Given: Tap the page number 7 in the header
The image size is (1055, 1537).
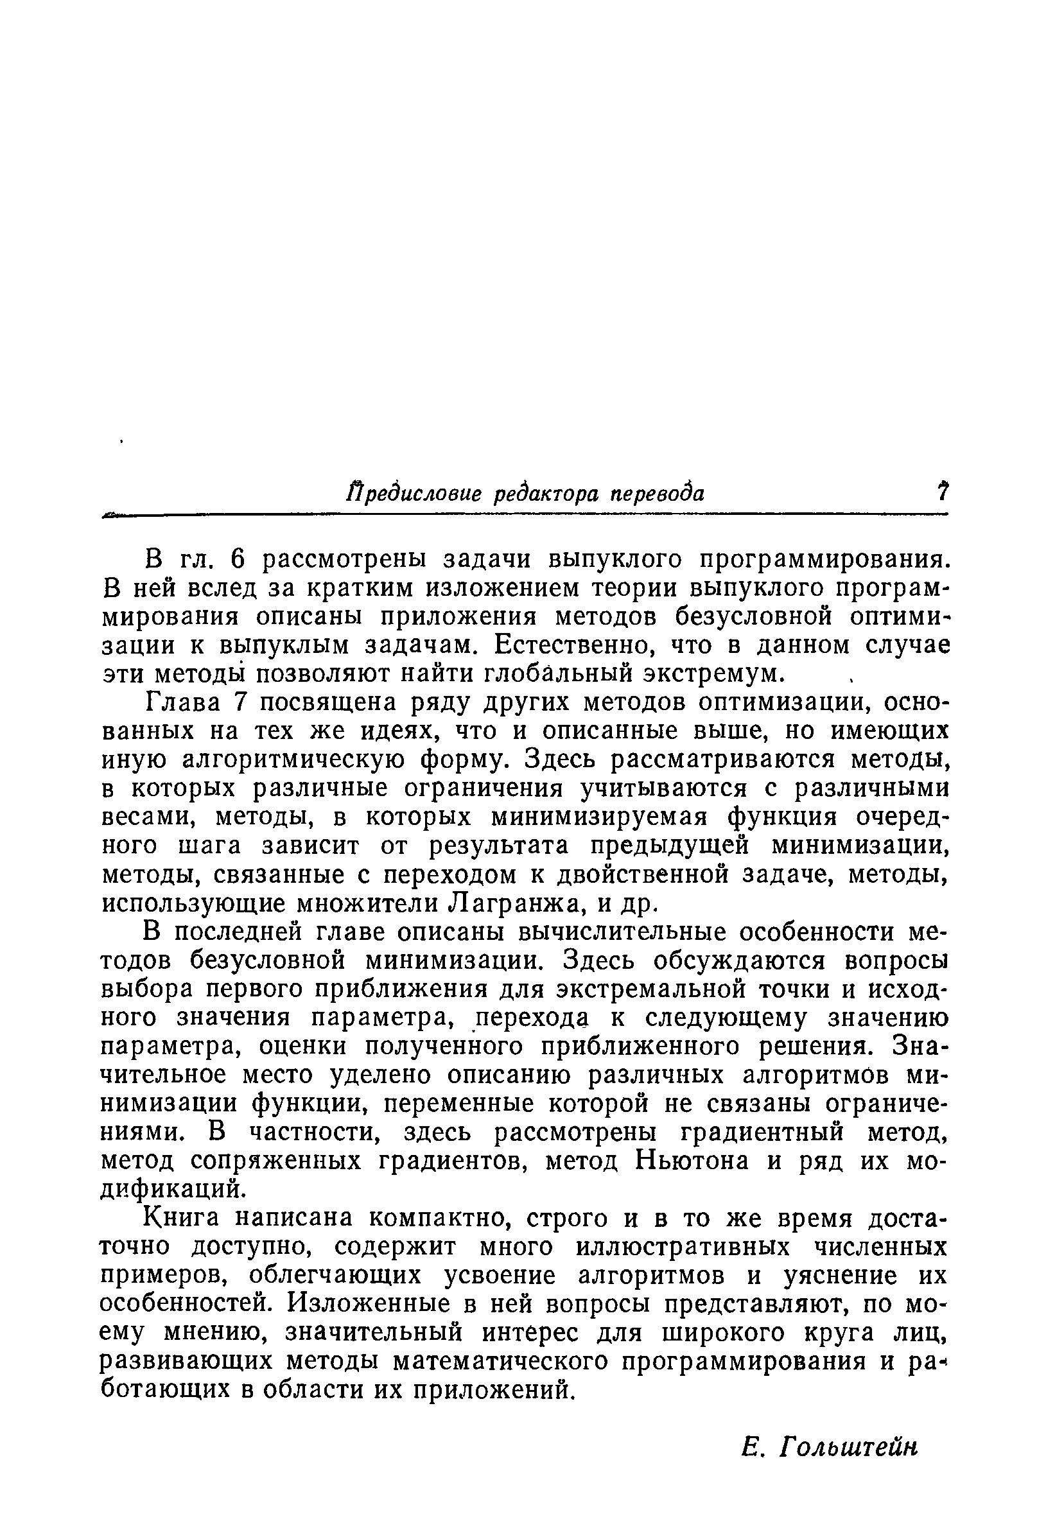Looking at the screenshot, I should [941, 492].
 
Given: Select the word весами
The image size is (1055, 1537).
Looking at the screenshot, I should [147, 818].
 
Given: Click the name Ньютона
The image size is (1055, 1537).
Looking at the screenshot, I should [691, 1162].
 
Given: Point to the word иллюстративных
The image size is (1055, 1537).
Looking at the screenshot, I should [684, 1248].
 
